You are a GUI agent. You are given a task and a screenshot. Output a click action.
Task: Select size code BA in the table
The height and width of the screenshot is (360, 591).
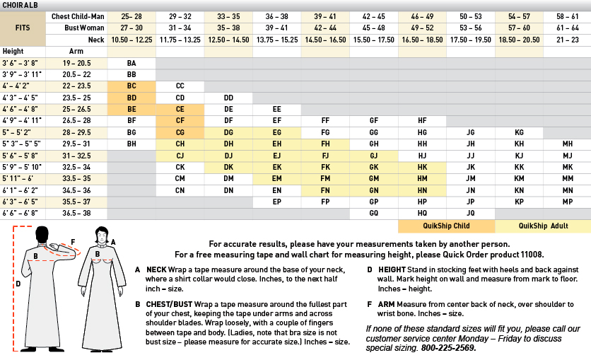tap(131, 63)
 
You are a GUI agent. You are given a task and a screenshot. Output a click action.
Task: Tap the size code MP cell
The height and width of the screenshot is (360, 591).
tap(567, 201)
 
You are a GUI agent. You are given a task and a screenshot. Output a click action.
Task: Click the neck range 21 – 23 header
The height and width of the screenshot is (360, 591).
tap(567, 40)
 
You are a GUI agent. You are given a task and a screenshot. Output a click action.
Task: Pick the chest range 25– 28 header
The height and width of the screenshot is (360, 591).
tap(131, 16)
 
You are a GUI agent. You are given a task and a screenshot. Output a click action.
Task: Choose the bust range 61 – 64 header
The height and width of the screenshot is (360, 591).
tap(567, 28)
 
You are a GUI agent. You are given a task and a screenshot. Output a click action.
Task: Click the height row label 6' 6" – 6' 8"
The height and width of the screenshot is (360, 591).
tap(21, 212)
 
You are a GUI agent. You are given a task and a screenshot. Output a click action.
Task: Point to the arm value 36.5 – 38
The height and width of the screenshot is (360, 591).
tap(76, 212)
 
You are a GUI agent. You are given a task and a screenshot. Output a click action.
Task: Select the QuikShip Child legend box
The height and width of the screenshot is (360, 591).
tap(445, 226)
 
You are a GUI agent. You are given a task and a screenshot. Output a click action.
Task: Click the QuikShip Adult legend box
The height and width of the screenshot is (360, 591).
tap(542, 226)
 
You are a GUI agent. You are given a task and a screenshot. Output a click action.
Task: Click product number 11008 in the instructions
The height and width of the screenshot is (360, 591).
tap(527, 255)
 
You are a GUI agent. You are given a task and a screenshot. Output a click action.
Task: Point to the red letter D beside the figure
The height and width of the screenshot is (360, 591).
tap(18, 284)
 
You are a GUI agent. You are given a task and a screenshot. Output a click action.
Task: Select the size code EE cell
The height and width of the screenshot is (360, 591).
tap(276, 109)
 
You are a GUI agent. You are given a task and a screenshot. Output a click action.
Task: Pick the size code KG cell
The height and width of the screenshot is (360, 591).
tap(519, 132)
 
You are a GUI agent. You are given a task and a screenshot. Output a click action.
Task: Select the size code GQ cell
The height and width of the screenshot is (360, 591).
tap(374, 212)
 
